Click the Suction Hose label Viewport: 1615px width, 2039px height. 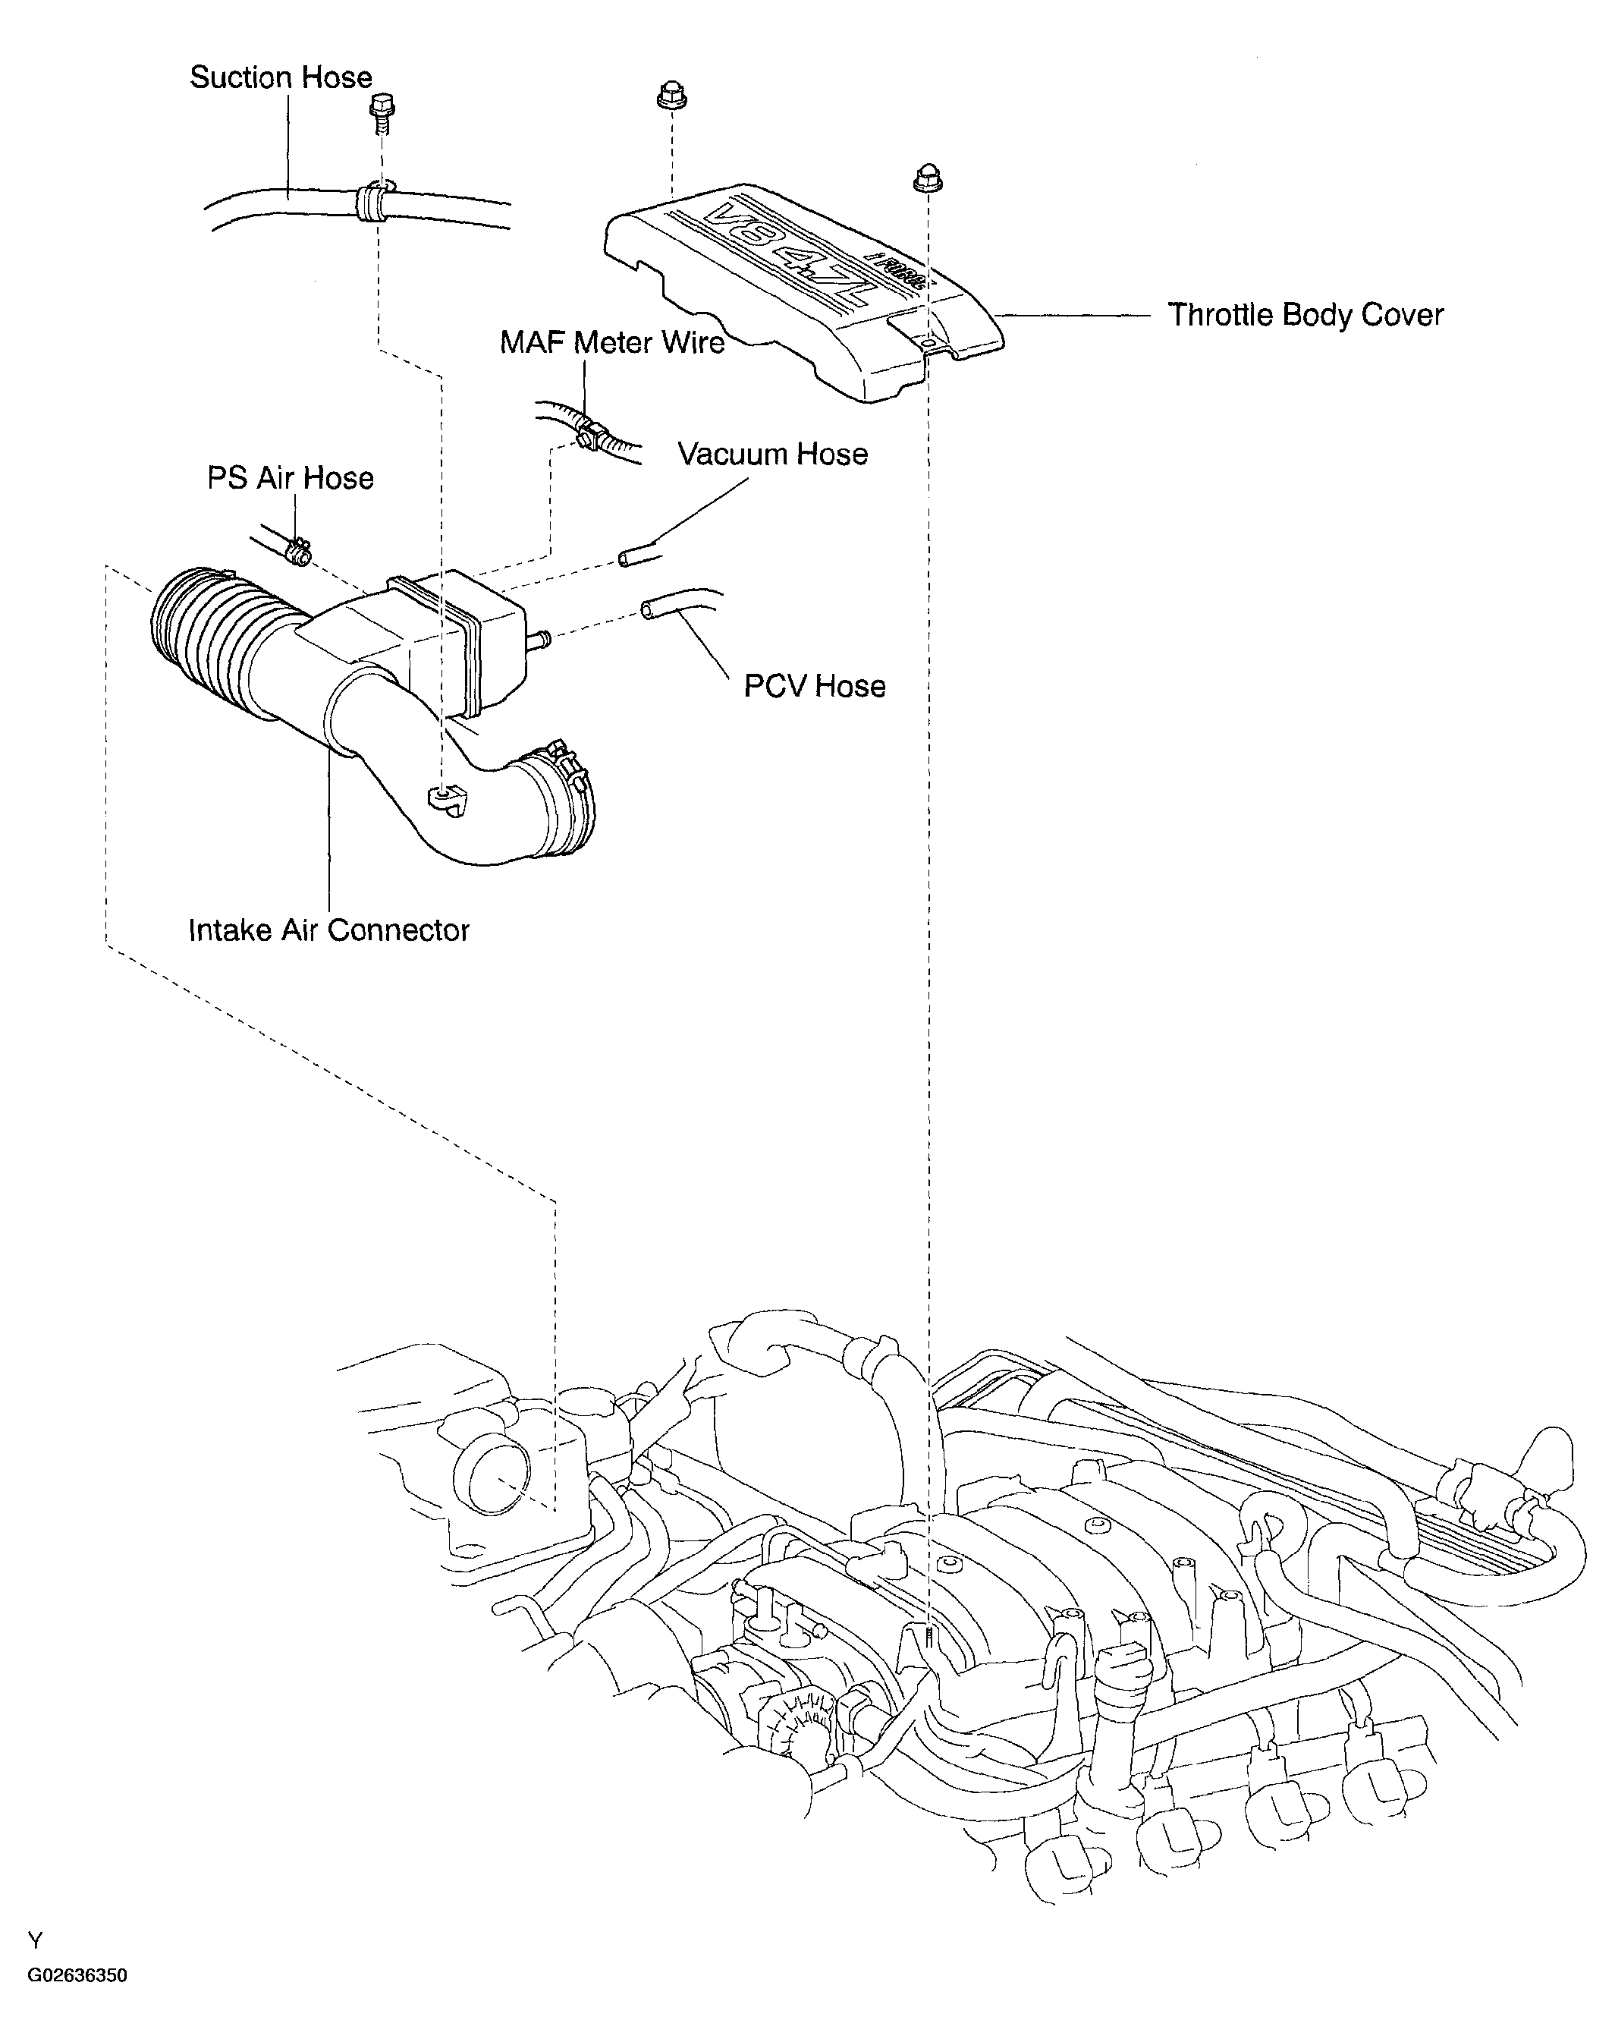tap(281, 77)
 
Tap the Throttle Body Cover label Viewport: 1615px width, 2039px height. tap(1306, 315)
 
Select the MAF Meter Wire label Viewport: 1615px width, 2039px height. tap(611, 341)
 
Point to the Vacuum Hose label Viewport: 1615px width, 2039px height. tap(772, 454)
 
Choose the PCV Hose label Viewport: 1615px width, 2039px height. tap(814, 686)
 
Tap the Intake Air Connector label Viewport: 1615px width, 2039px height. tap(328, 930)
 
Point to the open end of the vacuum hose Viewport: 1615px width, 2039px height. tap(624, 560)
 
